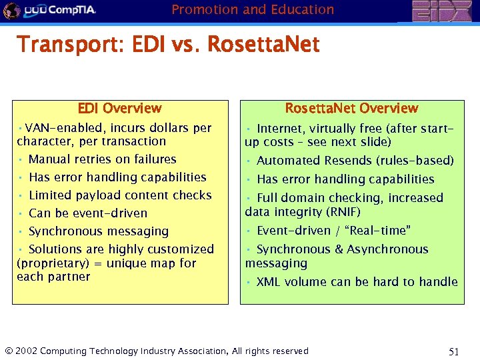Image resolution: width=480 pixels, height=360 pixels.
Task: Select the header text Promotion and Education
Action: (x=253, y=9)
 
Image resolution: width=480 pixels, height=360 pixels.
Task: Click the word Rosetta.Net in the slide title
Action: (x=263, y=45)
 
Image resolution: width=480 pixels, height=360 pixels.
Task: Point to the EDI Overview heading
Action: (x=119, y=108)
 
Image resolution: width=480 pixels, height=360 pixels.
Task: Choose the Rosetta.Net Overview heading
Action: (x=351, y=108)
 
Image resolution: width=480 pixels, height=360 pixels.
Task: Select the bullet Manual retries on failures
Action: (x=102, y=159)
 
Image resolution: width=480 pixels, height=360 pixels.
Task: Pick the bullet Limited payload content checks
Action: (x=119, y=195)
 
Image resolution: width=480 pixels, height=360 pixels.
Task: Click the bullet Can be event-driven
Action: (x=87, y=213)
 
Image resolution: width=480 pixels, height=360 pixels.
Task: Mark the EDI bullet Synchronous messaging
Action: (x=98, y=231)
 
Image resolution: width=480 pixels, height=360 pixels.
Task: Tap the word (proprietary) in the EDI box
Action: (x=45, y=263)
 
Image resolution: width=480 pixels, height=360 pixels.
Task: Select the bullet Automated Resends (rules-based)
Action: (x=355, y=161)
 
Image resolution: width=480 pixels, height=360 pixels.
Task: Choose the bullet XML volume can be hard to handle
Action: (x=357, y=281)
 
